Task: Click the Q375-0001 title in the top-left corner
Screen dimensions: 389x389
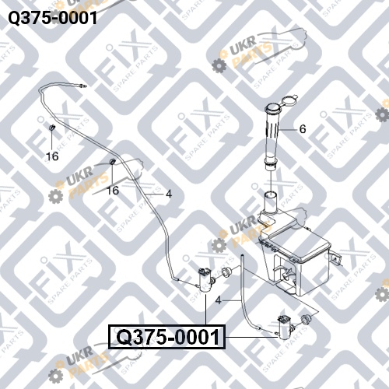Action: tap(53, 18)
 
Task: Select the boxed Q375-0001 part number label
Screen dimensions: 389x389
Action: tap(166, 337)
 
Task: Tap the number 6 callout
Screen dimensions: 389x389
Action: tap(303, 129)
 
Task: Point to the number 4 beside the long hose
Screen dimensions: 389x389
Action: tap(169, 194)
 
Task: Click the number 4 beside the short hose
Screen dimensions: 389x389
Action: tap(219, 300)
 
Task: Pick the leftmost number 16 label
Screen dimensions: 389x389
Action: tap(52, 156)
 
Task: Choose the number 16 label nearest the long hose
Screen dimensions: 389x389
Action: tap(113, 191)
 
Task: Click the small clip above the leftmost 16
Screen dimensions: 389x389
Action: tap(52, 128)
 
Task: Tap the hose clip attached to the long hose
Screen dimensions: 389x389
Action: tap(113, 161)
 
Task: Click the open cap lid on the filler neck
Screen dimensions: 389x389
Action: tap(289, 100)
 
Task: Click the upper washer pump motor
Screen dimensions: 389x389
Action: tap(205, 280)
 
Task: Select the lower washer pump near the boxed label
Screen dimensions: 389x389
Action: tap(285, 327)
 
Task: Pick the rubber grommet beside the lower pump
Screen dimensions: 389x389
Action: tap(306, 319)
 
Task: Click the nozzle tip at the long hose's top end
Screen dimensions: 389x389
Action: tap(83, 86)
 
